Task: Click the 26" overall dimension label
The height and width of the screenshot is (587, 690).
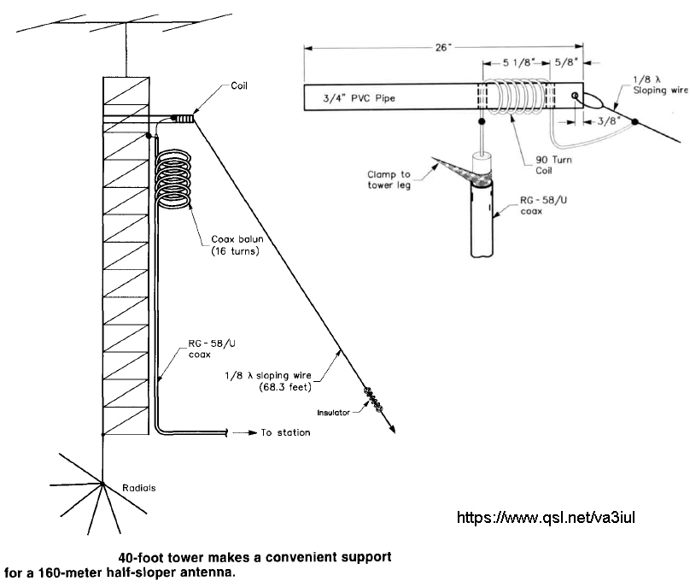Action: (441, 47)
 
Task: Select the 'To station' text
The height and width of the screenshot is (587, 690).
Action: (285, 433)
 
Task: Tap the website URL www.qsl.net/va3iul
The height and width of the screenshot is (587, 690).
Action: (547, 517)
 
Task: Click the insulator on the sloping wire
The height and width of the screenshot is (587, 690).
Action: (373, 400)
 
